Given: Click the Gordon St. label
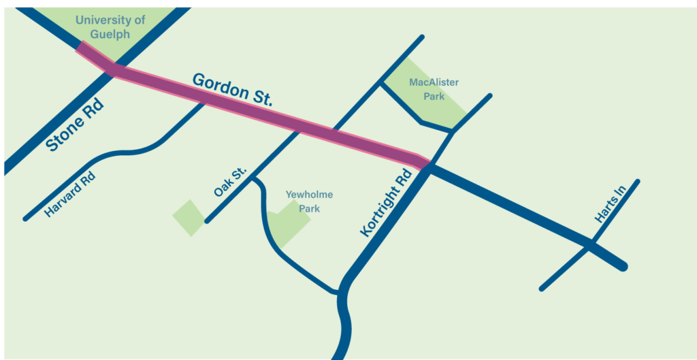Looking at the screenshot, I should [232, 89].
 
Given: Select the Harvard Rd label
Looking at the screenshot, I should [69, 195].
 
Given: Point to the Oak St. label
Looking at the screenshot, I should [229, 183].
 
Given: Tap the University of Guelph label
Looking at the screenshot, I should [110, 27].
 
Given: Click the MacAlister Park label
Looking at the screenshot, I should [434, 89].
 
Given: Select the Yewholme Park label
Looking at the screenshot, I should [309, 201].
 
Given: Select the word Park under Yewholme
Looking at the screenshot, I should [310, 209].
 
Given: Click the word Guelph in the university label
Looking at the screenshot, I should [110, 35].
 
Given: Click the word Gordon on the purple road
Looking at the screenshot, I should [218, 86].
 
